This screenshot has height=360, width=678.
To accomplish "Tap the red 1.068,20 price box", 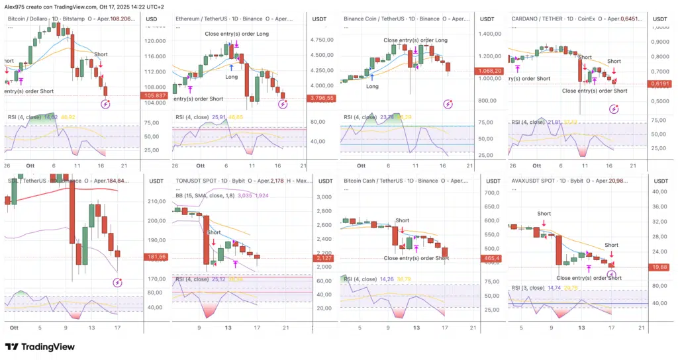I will click(x=490, y=71).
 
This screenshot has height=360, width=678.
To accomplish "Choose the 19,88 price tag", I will click(x=659, y=267).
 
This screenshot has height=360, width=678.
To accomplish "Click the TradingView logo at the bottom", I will click(x=40, y=347).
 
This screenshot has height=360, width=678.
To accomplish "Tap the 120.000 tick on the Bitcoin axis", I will click(x=156, y=40).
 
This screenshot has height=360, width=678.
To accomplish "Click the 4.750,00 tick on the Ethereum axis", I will click(x=323, y=39).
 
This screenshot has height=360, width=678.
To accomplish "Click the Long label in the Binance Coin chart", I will click(x=373, y=86).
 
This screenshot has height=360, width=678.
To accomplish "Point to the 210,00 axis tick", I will click(x=156, y=201).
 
